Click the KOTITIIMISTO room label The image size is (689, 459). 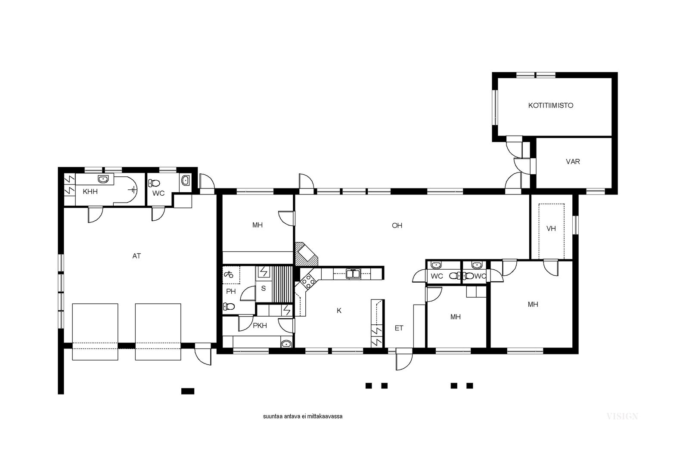551,105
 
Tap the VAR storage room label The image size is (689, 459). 573,162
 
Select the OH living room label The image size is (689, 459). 397,225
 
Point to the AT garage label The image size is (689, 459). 137,256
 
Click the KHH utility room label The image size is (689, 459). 90,192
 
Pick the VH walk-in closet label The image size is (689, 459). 551,228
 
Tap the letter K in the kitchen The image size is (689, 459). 339,311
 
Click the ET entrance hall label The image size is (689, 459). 399,328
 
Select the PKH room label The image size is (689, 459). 260,326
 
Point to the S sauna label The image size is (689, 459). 263,289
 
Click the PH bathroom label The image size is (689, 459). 231,291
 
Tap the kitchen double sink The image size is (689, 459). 354,274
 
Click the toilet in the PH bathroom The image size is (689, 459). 229,306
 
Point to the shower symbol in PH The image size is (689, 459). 228,274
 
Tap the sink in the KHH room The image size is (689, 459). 103,179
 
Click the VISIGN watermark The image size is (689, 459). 622,416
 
